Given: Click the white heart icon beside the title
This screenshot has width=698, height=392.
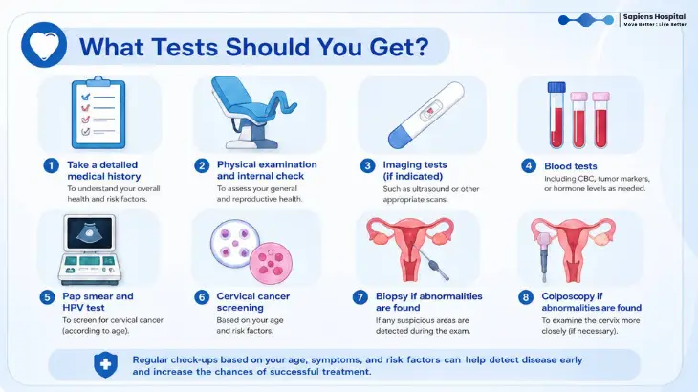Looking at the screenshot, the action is coord(44,45).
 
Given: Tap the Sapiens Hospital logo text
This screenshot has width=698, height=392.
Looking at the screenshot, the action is coord(654,17).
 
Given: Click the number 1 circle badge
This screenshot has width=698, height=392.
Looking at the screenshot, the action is coord(52,166).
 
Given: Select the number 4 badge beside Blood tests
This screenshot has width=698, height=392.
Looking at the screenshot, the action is coord(529,166).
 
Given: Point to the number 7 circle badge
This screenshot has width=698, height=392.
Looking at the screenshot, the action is coord(360,297).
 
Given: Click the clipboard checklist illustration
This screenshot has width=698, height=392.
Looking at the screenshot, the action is coord(98,113).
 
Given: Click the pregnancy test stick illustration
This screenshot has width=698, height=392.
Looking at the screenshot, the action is coord(426,115).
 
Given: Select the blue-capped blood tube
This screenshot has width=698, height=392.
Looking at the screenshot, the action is coord(556,115).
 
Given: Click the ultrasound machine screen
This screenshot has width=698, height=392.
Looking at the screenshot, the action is coord(90,233).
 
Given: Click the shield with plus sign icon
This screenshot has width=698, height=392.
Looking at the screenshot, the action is coord(105,365).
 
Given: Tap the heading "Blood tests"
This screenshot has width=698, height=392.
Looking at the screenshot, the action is coord(570,166).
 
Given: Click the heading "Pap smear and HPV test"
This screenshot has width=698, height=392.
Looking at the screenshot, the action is coord(98,302).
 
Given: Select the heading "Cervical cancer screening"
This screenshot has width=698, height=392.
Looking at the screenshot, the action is coord(252,302).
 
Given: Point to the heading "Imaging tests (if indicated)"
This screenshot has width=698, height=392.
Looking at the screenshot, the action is coord(414,170).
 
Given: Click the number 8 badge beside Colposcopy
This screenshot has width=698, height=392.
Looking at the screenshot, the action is coord(526,297).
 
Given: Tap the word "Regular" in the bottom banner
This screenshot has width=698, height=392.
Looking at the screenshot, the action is coord(149,359).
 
